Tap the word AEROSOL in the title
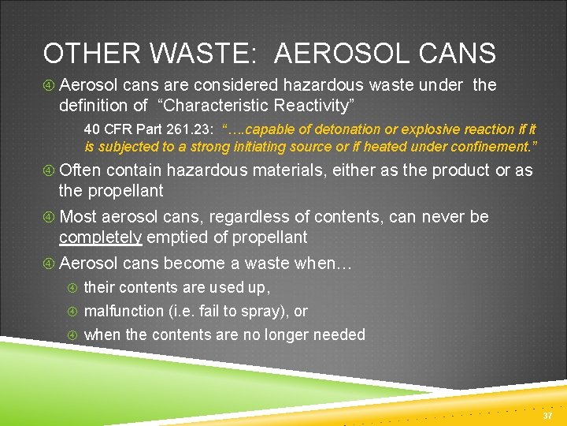coord(342,54)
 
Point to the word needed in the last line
coord(339,334)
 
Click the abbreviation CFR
coord(117,129)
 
